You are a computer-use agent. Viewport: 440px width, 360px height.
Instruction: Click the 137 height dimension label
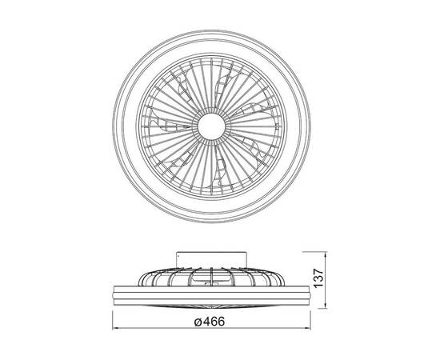(x=319, y=278)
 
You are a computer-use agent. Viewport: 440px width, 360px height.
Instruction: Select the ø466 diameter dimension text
(x=210, y=322)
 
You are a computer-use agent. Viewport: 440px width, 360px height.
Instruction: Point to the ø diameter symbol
(x=198, y=322)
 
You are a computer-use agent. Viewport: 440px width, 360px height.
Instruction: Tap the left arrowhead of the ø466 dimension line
(x=115, y=328)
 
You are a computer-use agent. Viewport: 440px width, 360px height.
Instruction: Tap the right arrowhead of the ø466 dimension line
(x=307, y=328)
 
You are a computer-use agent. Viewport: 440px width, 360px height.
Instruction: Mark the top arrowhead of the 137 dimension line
(x=326, y=254)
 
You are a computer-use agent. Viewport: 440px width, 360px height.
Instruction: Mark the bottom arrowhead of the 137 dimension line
(x=326, y=306)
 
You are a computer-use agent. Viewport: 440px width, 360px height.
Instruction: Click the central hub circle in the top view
(x=211, y=126)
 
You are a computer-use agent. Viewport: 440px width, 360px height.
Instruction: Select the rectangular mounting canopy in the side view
(x=211, y=258)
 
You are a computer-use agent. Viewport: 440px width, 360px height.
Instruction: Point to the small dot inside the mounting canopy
(x=178, y=256)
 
